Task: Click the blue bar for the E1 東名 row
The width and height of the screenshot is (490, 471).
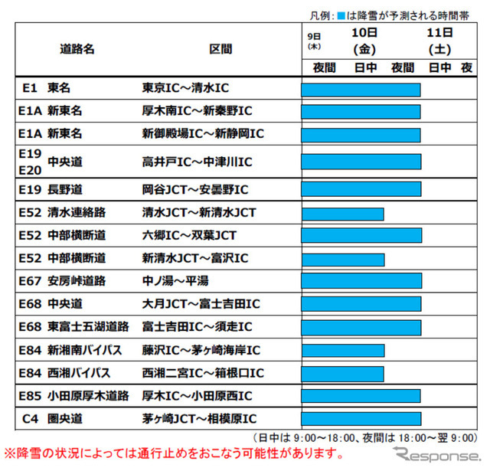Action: tap(361, 90)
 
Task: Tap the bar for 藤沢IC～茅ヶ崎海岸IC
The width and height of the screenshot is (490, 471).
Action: tap(342, 351)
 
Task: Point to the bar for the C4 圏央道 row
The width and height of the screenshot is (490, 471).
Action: tap(361, 419)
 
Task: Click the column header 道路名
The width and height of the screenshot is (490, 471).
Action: tap(77, 48)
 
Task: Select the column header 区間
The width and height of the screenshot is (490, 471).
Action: tap(220, 48)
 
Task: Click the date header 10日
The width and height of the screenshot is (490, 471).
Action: tap(364, 33)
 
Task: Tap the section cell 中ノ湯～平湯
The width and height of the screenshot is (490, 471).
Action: tap(176, 281)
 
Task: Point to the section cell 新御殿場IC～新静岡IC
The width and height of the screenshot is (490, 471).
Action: tap(202, 133)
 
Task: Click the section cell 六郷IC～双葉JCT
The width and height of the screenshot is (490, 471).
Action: tap(191, 235)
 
